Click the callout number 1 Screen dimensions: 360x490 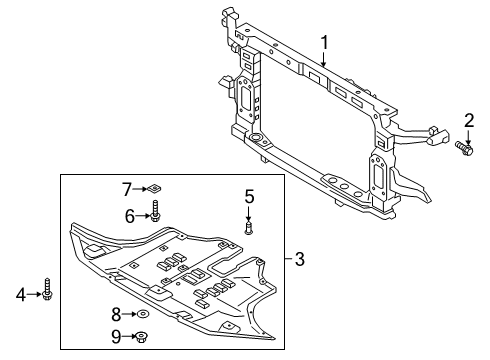[324, 42]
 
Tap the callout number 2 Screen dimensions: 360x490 [468, 124]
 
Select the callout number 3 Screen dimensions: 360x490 [301, 262]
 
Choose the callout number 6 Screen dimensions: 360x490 [129, 215]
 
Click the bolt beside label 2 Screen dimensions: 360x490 [464, 150]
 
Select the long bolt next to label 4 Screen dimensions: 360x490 [47, 293]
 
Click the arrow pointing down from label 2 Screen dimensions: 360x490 [467, 138]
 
